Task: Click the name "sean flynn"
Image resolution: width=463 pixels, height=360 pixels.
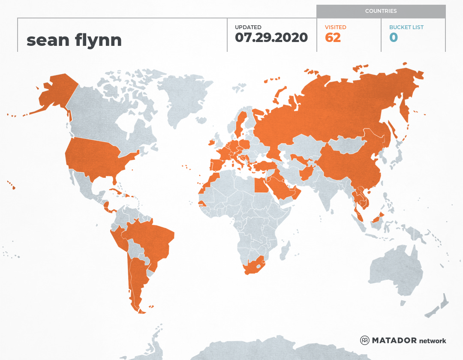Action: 74,40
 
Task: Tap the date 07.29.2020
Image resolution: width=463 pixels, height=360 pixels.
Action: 271,38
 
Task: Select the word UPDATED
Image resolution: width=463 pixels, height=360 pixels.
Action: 248,27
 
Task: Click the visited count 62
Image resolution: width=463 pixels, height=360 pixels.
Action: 333,38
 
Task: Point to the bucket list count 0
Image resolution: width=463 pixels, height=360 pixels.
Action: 393,38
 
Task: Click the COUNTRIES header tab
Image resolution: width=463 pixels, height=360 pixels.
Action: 381,11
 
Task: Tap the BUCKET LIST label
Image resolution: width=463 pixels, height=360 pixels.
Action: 406,27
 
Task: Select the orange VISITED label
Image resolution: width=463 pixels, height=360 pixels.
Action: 336,27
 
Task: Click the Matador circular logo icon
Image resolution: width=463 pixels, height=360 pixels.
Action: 365,340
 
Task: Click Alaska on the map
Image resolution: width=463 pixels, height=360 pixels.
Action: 56,92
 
